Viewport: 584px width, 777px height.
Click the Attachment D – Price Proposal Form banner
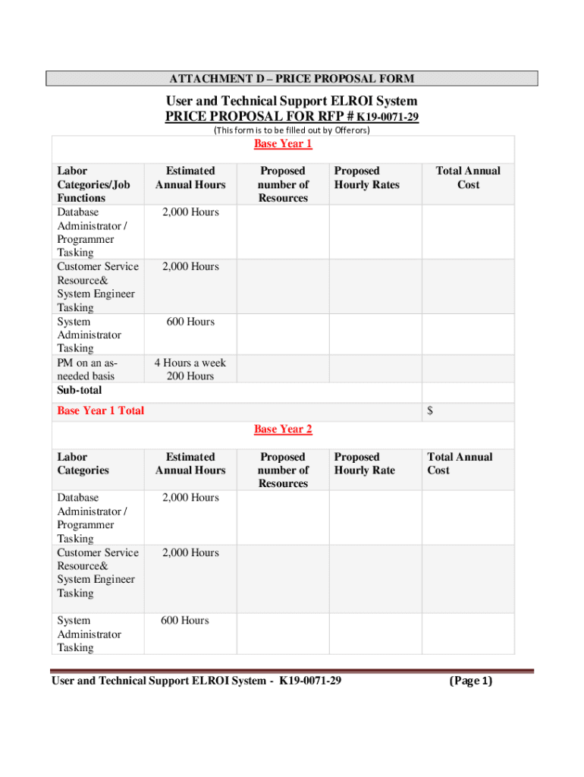point(292,79)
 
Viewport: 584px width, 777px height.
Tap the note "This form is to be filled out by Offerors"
point(292,131)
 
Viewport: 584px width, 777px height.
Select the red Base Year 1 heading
point(283,144)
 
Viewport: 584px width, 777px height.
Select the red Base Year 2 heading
point(283,429)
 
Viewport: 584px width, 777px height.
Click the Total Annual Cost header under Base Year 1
point(468,178)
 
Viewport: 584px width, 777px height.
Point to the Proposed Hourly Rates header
point(367,178)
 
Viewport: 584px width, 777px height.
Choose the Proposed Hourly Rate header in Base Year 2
point(365,464)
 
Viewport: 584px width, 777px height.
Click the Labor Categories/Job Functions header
point(93,184)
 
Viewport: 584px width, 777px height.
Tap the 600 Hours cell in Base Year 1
point(190,322)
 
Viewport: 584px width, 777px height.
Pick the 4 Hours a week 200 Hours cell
point(190,370)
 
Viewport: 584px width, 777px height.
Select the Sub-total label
point(80,390)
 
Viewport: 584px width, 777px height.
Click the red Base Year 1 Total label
point(101,411)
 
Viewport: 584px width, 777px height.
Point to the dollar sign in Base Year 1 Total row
point(430,411)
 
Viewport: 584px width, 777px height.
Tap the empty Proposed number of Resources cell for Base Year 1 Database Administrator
point(283,231)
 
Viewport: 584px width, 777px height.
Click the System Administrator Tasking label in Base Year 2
point(89,634)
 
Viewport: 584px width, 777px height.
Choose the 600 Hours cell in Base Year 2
point(184,621)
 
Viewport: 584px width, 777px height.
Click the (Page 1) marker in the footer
point(470,681)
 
